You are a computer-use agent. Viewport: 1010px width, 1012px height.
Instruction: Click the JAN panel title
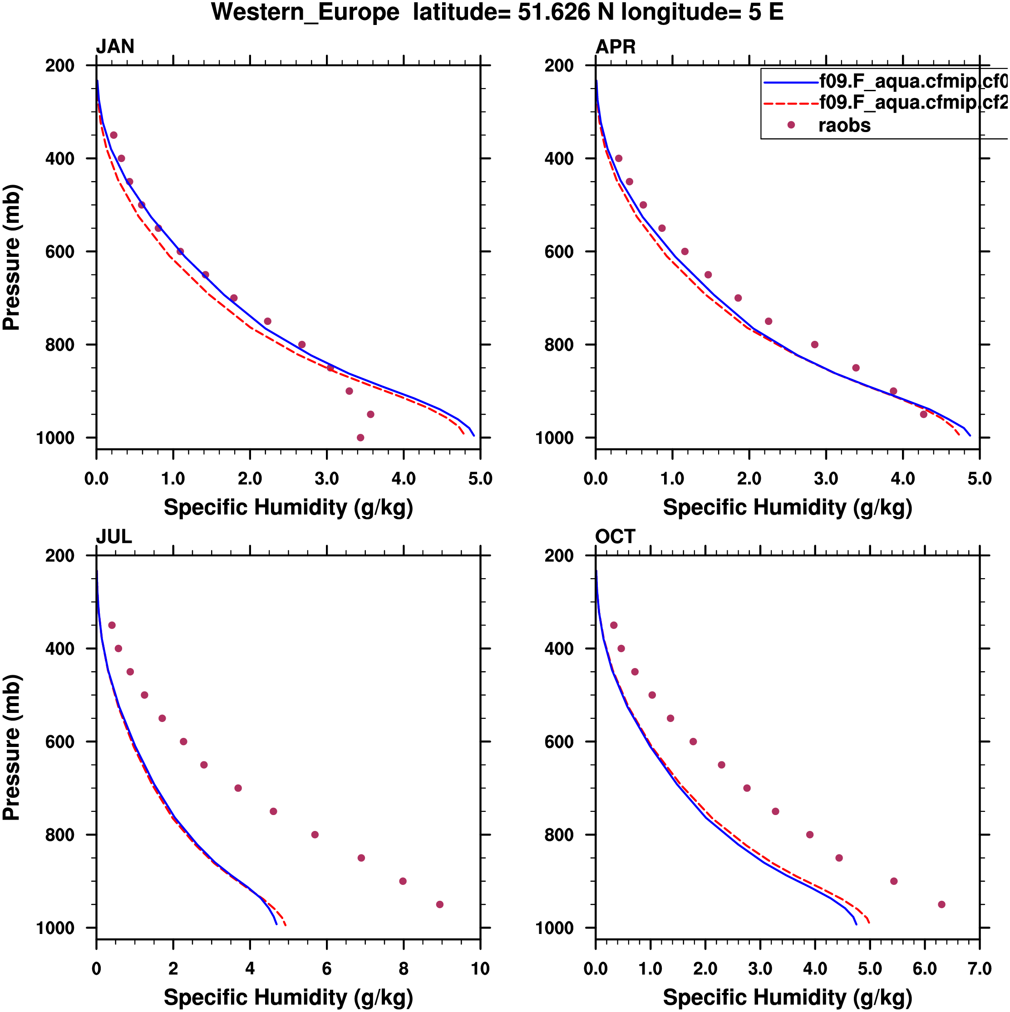(115, 47)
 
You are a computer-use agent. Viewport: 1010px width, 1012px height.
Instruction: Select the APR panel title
(616, 47)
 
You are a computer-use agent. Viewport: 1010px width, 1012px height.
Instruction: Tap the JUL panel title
(113, 536)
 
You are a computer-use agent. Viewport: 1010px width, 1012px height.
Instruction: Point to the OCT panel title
(615, 536)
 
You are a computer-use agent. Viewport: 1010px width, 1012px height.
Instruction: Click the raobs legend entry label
(844, 125)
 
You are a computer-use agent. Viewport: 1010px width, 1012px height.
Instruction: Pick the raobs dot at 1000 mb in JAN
(360, 437)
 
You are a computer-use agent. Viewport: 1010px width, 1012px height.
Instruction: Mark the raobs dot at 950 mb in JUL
(439, 904)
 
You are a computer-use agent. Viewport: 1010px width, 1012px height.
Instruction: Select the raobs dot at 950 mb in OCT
(941, 904)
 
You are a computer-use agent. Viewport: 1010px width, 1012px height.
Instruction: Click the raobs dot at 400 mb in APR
(619, 158)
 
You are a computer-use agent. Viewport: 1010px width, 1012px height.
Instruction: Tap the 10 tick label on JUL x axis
(480, 968)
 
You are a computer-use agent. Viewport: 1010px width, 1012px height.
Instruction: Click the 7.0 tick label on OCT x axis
(979, 968)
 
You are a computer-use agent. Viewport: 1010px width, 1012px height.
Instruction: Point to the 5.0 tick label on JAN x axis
(480, 478)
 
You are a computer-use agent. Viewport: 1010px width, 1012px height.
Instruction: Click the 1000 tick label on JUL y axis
(55, 928)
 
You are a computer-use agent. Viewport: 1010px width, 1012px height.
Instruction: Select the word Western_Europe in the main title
(305, 12)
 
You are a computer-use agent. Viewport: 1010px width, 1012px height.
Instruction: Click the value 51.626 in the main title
(554, 12)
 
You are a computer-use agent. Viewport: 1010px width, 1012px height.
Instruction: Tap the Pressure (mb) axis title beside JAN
(11, 257)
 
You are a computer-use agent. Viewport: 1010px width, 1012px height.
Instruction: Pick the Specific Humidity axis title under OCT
(788, 997)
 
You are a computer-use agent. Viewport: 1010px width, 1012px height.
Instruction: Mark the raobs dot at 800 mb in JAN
(302, 344)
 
